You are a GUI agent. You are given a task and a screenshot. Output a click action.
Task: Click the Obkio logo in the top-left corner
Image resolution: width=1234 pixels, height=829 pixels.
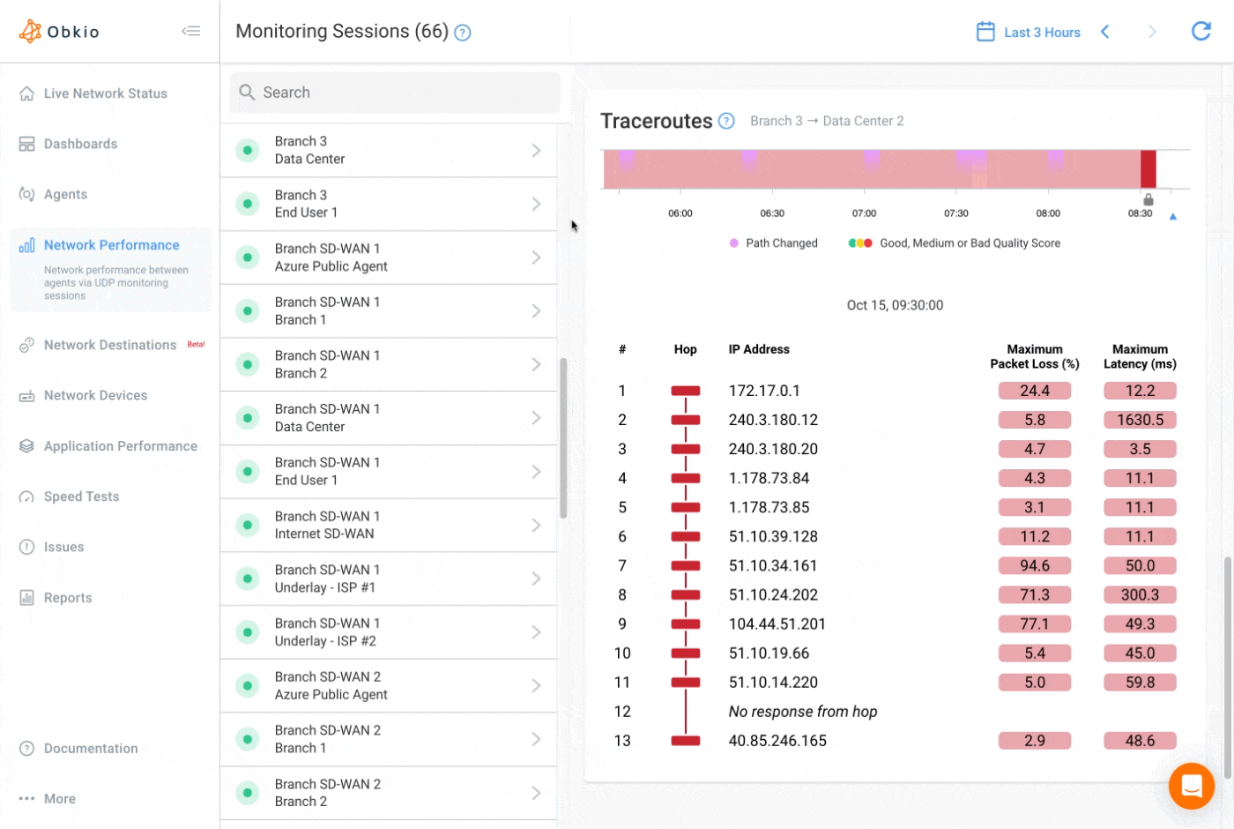59,32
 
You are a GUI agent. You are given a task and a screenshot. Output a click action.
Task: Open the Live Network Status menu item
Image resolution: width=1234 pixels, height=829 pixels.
105,93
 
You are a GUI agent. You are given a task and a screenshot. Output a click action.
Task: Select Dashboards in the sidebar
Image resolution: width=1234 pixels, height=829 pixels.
80,144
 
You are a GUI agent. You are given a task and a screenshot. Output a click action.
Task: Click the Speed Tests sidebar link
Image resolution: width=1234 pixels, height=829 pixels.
81,497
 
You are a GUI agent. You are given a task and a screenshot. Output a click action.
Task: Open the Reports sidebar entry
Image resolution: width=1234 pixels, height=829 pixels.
68,598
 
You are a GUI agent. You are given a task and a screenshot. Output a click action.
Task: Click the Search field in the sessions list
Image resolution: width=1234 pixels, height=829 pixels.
395,93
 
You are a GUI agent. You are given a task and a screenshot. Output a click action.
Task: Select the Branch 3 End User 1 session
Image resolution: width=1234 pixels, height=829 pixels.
388,204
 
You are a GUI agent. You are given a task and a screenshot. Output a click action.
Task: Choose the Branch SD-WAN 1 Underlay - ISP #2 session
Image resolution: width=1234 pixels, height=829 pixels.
388,632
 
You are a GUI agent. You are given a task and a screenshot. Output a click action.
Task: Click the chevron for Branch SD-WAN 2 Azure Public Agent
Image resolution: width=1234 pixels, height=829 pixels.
536,686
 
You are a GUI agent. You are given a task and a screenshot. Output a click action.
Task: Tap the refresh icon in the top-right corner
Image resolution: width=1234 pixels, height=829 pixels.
1201,32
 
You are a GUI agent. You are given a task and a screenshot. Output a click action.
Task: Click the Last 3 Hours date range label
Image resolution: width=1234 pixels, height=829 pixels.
1042,33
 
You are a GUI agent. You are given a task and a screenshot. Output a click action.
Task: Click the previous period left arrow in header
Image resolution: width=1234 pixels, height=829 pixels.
1105,32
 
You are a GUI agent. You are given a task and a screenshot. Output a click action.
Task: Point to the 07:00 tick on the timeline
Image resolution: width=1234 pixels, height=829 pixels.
864,213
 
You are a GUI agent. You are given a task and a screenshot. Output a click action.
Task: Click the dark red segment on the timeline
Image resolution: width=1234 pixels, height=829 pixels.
1148,169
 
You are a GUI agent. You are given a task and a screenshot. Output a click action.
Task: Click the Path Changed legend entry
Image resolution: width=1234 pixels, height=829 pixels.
781,243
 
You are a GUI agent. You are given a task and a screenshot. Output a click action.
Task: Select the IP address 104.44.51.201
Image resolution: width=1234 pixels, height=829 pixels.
777,624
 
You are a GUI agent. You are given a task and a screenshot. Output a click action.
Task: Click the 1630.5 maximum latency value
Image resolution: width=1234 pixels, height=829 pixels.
1140,420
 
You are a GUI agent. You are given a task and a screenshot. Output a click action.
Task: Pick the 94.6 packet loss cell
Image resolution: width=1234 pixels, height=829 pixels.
1034,566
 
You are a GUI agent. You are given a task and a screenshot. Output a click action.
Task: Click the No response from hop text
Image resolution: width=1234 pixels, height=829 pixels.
802,712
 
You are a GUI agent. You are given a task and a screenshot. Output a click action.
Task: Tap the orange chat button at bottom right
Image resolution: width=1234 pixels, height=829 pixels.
1191,785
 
